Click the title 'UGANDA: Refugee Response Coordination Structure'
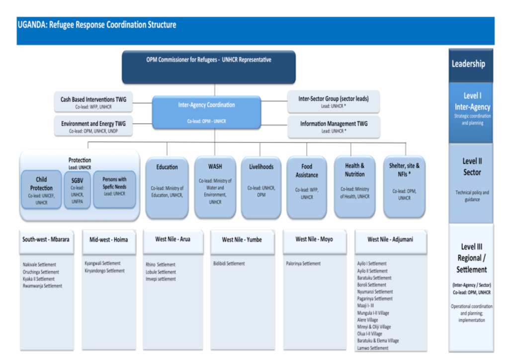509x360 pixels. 97,25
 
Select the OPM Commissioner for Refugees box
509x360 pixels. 209,67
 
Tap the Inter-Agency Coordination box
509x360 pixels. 206,112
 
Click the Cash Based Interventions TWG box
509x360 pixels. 93,102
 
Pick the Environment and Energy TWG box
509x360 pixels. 93,126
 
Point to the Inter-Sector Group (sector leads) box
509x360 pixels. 334,102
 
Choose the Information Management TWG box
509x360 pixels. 334,127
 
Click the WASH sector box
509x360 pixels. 215,187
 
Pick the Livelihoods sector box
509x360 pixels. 261,187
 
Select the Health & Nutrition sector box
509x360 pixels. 354,186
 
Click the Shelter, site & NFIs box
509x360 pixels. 404,186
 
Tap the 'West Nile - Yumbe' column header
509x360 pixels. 242,240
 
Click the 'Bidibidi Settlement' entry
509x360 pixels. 229,264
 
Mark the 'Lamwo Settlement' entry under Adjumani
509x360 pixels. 373,348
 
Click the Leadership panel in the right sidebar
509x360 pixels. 471,64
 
